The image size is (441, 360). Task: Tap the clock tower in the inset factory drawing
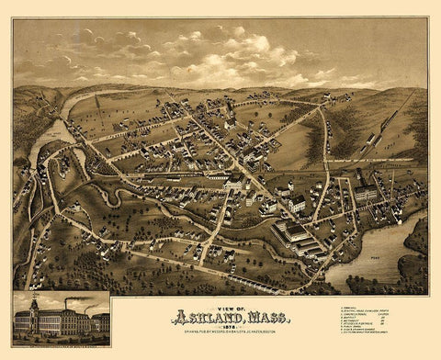34,306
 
